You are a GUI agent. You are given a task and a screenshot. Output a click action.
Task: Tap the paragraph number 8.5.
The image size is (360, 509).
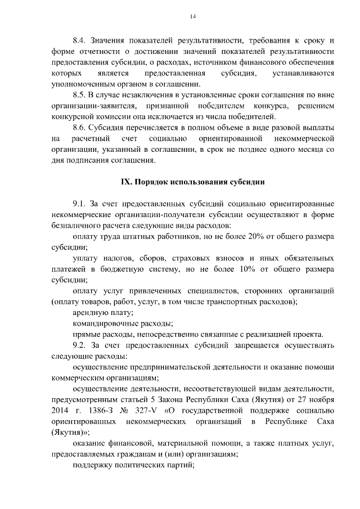click(x=81, y=96)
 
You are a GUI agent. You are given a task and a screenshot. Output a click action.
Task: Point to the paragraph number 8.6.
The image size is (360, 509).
click(x=81, y=128)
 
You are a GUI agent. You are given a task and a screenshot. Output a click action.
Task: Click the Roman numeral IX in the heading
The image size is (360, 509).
click(x=128, y=182)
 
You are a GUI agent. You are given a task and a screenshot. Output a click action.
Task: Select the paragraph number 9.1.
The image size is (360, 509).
click(x=81, y=204)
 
